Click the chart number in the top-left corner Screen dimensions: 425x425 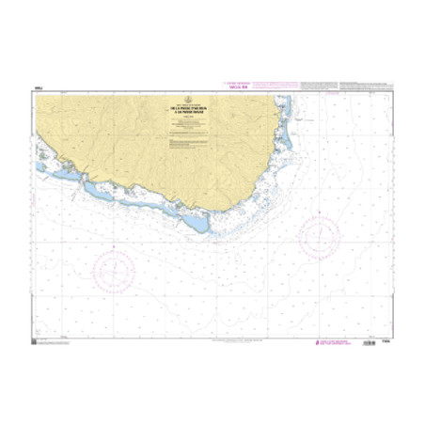tap(39, 87)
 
